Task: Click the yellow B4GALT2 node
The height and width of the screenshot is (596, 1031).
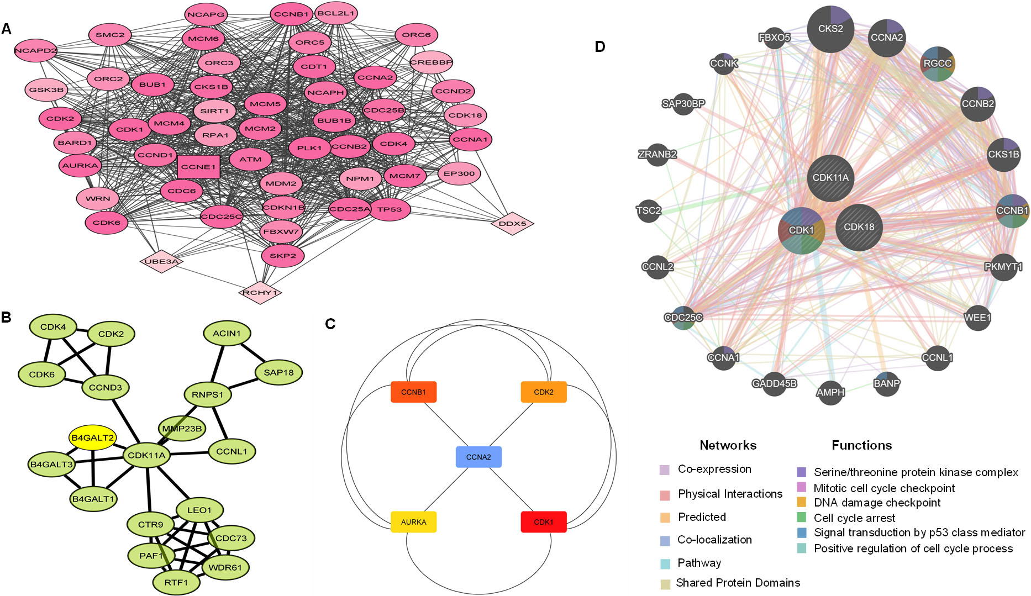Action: pos(93,438)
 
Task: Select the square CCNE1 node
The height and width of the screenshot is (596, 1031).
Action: pos(199,167)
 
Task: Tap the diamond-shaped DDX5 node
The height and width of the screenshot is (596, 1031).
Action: pos(512,224)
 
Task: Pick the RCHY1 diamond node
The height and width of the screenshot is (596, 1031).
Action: pos(260,293)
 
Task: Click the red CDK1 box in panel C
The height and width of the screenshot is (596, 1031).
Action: pos(544,522)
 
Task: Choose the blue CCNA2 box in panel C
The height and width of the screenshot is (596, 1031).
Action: pos(478,457)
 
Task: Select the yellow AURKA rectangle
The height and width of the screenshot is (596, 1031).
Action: pos(414,522)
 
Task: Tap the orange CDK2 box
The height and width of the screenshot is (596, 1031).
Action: pos(544,392)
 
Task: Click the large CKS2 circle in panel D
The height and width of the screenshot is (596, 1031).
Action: pos(830,29)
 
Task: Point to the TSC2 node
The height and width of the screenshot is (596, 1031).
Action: pos(649,210)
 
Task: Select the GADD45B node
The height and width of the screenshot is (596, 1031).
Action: pos(774,383)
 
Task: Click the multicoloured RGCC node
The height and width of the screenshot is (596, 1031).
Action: pos(938,64)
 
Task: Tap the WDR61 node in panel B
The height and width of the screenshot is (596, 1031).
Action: pos(225,567)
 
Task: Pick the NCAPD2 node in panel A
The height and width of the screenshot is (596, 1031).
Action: pos(36,51)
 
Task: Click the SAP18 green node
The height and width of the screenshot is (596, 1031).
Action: pos(278,373)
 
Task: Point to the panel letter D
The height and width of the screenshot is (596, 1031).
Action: pos(600,47)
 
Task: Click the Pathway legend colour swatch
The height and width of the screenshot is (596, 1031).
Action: pos(665,564)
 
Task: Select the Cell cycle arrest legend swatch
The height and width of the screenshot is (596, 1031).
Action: pos(802,518)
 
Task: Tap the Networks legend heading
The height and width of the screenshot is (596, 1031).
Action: pos(728,445)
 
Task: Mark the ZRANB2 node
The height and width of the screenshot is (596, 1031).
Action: pos(657,155)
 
